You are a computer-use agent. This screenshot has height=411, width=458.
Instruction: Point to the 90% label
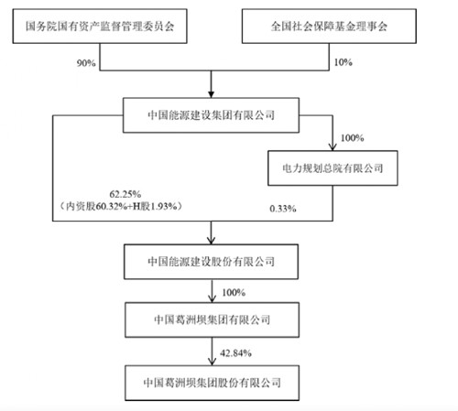click(86, 63)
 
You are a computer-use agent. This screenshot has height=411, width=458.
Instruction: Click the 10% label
click(343, 62)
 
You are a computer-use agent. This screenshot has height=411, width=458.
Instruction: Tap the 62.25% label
click(125, 194)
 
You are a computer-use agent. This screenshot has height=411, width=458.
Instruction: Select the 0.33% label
click(283, 209)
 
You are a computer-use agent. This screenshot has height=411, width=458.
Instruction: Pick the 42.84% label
click(235, 353)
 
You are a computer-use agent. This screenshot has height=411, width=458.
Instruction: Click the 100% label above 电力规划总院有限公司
click(352, 138)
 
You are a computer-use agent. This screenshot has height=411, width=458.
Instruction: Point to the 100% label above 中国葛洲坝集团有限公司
click(234, 293)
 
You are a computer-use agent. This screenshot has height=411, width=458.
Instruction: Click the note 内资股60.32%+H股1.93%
click(121, 207)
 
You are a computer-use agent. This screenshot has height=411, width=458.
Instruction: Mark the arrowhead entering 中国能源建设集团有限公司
click(211, 94)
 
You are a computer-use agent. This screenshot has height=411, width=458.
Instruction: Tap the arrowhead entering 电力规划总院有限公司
click(333, 147)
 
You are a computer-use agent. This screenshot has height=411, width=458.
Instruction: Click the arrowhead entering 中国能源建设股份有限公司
click(211, 241)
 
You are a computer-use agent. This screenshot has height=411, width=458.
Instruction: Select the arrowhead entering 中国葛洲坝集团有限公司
click(212, 299)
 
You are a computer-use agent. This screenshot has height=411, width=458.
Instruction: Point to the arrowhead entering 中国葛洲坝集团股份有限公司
click(212, 362)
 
